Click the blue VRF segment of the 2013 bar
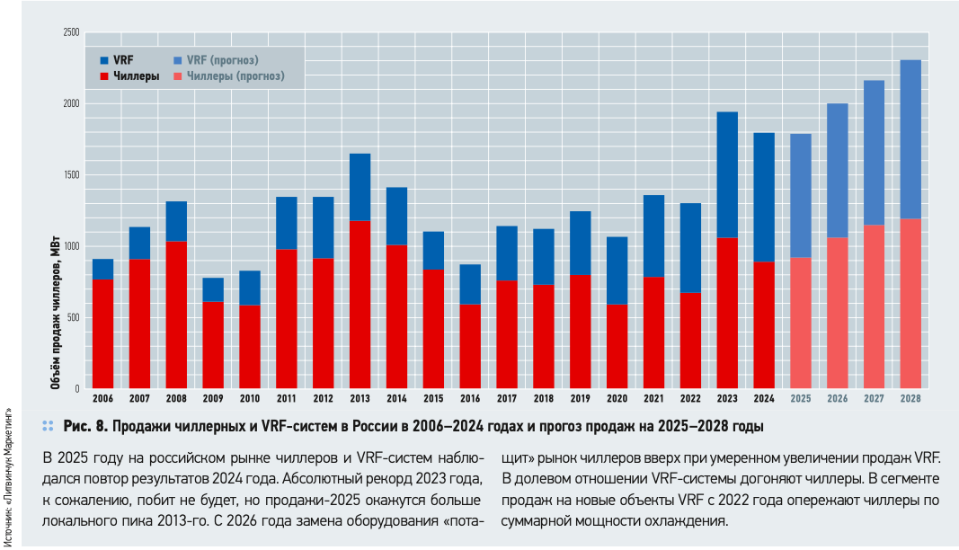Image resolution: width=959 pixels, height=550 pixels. [x=360, y=187]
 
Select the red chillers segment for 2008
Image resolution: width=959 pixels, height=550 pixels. [x=176, y=315]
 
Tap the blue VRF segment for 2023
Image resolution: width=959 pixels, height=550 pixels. [x=727, y=174]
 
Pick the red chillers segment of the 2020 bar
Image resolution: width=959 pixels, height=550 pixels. [x=617, y=346]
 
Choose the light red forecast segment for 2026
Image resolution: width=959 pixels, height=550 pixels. [x=838, y=313]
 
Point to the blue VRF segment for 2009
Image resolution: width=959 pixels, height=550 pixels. [x=213, y=289]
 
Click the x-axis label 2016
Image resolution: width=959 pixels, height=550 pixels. [x=470, y=398]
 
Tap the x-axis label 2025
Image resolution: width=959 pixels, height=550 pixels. [x=801, y=398]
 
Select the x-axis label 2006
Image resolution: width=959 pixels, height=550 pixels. [x=102, y=398]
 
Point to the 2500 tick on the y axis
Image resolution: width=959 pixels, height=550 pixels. [x=71, y=33]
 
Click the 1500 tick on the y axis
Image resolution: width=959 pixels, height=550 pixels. [x=71, y=175]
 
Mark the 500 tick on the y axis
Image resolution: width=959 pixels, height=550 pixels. [x=73, y=317]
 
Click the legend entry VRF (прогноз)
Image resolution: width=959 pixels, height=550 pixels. [x=222, y=60]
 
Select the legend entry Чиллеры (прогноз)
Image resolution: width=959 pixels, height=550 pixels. [x=235, y=76]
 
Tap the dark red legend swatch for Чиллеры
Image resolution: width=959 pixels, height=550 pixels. [x=104, y=76]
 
